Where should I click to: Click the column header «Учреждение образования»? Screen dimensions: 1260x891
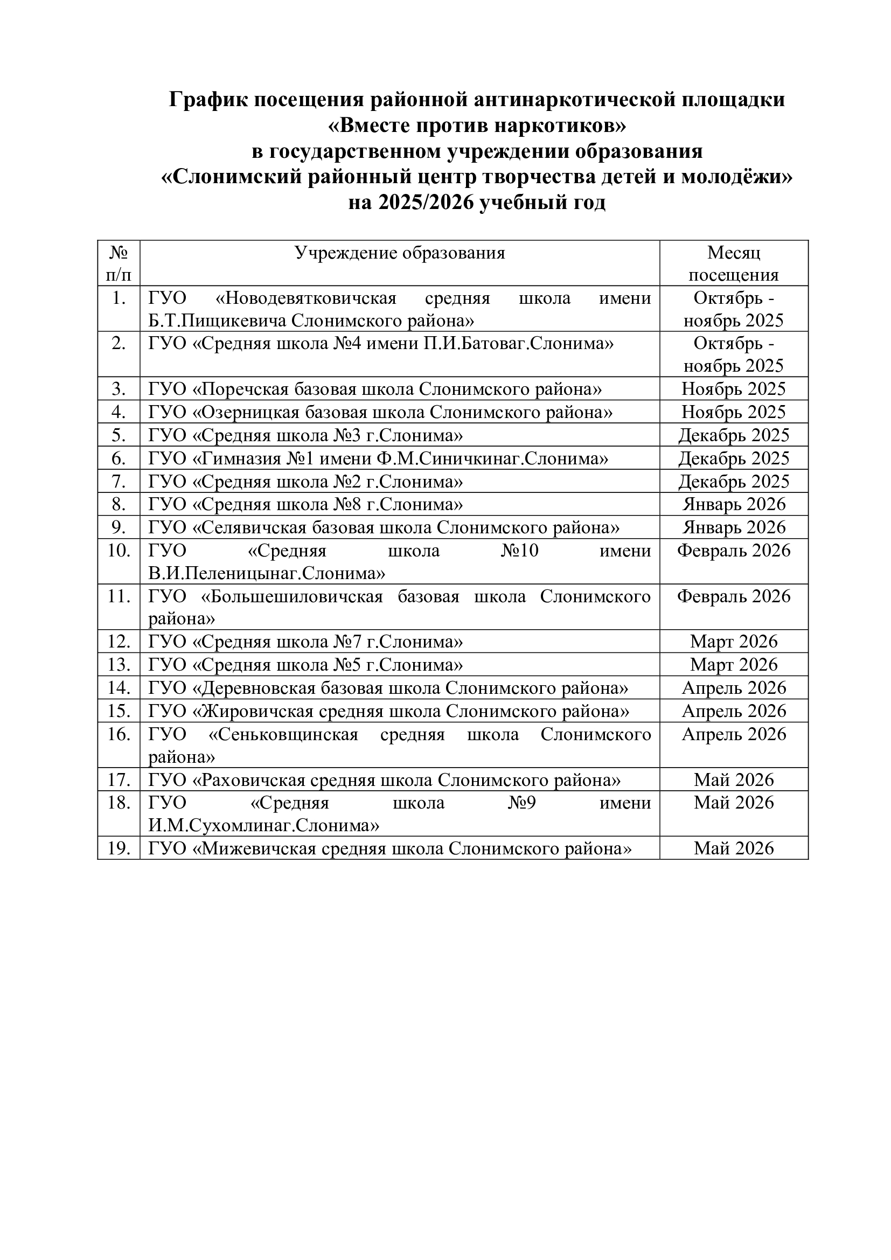coord(399,253)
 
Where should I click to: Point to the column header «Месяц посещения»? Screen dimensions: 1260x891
coord(734,263)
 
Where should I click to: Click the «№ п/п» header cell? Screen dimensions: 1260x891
coord(119,263)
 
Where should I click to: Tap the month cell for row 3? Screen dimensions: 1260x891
coord(734,389)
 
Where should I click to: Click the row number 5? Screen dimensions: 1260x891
coord(119,435)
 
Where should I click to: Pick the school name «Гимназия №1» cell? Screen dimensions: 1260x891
coord(378,458)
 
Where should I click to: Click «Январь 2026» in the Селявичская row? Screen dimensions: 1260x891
coord(734,527)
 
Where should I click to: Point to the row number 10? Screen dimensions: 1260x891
coord(119,551)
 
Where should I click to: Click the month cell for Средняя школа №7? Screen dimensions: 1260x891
coord(734,642)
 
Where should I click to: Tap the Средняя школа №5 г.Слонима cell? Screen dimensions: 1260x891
coord(305,665)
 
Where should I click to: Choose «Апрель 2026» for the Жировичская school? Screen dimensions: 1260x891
coord(734,711)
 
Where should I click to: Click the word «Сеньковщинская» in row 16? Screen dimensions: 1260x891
coord(284,734)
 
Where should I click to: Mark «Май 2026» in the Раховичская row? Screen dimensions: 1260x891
coord(734,780)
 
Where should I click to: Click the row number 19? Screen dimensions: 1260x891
coord(119,848)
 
